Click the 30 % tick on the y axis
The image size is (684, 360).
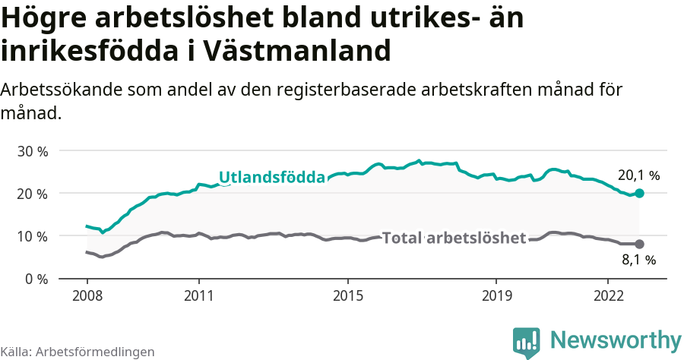32,151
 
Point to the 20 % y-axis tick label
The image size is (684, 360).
32,194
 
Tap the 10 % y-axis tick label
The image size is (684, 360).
32,236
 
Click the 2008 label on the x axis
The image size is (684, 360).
87,294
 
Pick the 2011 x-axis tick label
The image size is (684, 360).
198,294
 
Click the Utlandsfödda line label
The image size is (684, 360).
272,178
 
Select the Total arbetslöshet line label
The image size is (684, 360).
454,238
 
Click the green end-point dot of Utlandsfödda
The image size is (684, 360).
639,194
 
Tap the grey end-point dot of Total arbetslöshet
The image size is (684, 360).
639,244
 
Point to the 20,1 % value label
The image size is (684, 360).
638,175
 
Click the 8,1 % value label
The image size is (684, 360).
638,261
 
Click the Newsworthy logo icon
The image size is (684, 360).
527,342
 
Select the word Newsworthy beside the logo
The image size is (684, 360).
616,339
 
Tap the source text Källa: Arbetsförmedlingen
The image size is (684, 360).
78,352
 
